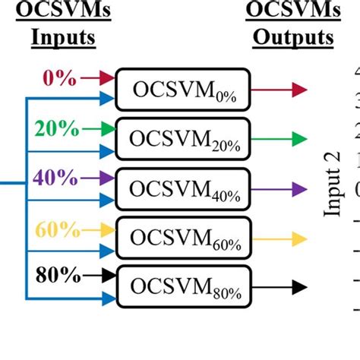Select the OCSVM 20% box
click(182, 139)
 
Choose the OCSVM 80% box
click(182, 286)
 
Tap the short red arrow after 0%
click(96, 77)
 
